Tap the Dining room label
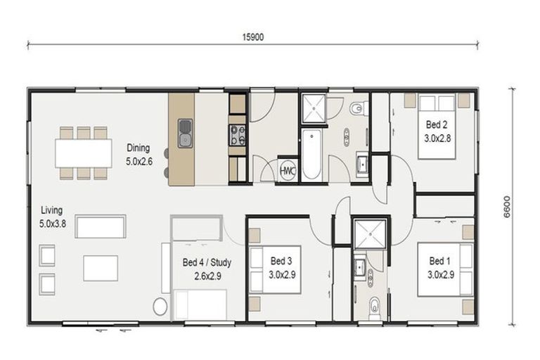coord(139,148)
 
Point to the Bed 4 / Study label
coord(207,262)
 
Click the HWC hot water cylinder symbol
coord(288,169)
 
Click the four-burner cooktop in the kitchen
coord(237,134)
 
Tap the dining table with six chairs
coord(83,152)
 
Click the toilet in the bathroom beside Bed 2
coord(358,109)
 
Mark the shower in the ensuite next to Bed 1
coord(366,234)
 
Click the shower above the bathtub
coord(314,108)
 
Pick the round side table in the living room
coord(160,307)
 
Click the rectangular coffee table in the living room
coord(101,267)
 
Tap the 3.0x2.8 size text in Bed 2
coord(437,138)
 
